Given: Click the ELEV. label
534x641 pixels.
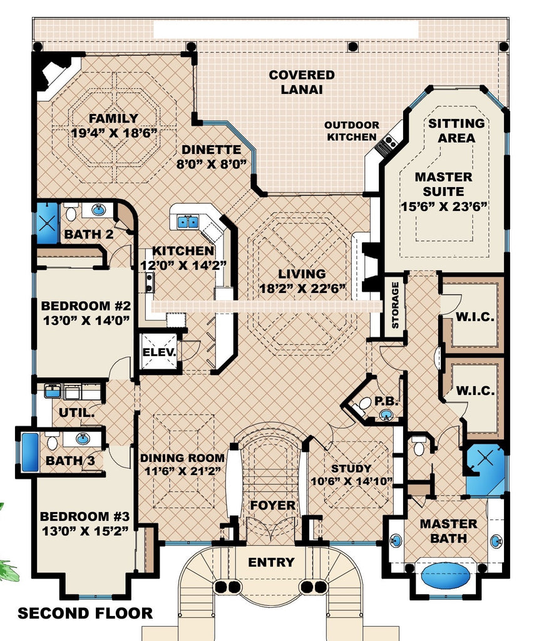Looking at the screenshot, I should tap(159, 352).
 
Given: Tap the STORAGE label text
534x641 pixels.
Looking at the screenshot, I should tap(395, 305).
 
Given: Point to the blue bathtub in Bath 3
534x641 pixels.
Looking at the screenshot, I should tap(29, 451).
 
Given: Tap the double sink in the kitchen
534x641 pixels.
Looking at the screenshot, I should tap(187, 221).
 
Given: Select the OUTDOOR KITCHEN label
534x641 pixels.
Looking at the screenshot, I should tap(351, 131).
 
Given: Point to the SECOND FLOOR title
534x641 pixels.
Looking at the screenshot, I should tap(85, 613).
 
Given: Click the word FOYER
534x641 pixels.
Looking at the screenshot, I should tap(272, 505).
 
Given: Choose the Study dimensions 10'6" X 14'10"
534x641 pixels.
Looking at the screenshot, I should tap(351, 481).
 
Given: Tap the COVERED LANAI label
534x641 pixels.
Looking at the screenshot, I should tap(301, 82).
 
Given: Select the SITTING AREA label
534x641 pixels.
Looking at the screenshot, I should tap(456, 130).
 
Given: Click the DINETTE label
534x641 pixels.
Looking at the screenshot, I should tap(212, 150).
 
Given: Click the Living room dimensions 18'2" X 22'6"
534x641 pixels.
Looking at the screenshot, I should tap(302, 288).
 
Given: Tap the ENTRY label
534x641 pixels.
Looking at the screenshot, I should tap(271, 562).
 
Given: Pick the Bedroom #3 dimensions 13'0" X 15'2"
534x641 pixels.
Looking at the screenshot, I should tap(85, 531).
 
